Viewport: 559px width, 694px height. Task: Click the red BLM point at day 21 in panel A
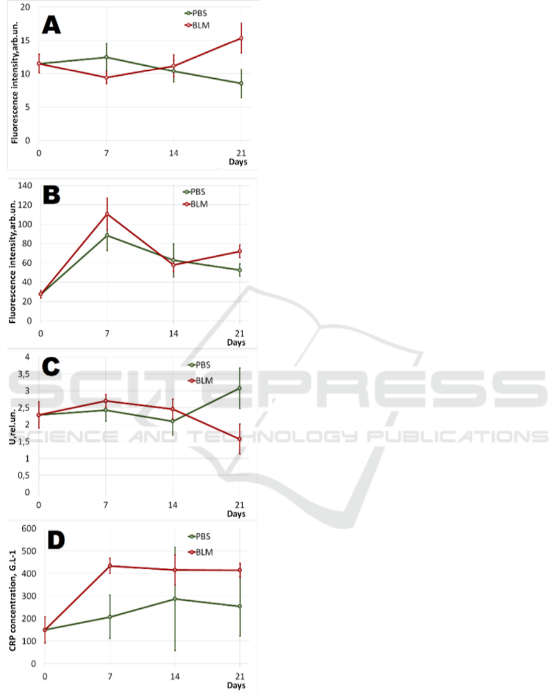click(241, 38)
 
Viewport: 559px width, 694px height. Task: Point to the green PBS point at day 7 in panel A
click(106, 57)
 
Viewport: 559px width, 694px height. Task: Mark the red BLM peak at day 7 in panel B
click(107, 214)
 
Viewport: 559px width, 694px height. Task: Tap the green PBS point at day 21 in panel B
click(239, 270)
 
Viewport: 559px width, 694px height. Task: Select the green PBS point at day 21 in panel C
click(239, 388)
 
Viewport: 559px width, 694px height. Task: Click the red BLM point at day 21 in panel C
click(239, 439)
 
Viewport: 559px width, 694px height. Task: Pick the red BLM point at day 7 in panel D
click(110, 566)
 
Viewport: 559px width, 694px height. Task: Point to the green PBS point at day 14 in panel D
click(175, 599)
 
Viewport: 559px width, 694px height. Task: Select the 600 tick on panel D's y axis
click(27, 528)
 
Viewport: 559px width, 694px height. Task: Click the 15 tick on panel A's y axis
click(27, 40)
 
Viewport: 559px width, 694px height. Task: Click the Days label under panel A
click(236, 163)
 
